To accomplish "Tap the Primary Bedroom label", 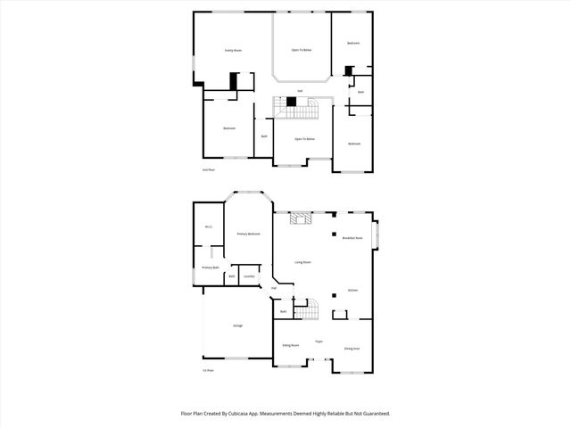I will (x=248, y=234).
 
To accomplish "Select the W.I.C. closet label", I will (x=208, y=226).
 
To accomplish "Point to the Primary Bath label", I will (x=210, y=267).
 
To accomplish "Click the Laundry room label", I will (x=249, y=276).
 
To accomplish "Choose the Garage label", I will (x=237, y=325).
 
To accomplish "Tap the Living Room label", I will (x=302, y=262).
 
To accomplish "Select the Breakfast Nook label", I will (x=352, y=238).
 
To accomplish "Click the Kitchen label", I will (x=352, y=291).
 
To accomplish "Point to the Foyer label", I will (x=318, y=342).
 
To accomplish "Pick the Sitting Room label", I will (x=290, y=344).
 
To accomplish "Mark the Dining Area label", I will (x=352, y=348).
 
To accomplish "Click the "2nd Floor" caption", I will (x=208, y=169).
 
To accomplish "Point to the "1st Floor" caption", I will (x=208, y=369).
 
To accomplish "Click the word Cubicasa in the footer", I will (x=252, y=414).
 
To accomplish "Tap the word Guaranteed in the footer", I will (x=376, y=414).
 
